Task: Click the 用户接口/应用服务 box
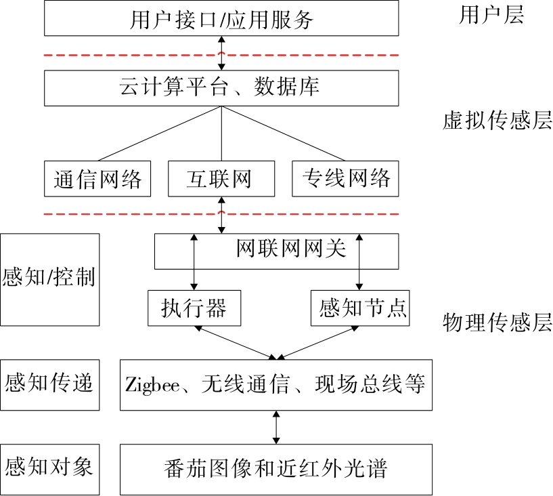(x=222, y=18)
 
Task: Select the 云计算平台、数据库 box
(x=222, y=88)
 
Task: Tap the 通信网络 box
(x=97, y=179)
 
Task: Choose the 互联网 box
(x=221, y=179)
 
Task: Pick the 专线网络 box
(x=345, y=178)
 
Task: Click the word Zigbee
(x=152, y=384)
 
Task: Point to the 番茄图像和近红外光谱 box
(x=276, y=468)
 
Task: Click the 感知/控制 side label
(x=49, y=278)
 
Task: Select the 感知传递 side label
(x=49, y=384)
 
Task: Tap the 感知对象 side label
(x=49, y=467)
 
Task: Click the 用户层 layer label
(x=491, y=16)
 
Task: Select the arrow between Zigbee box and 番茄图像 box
(x=276, y=427)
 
